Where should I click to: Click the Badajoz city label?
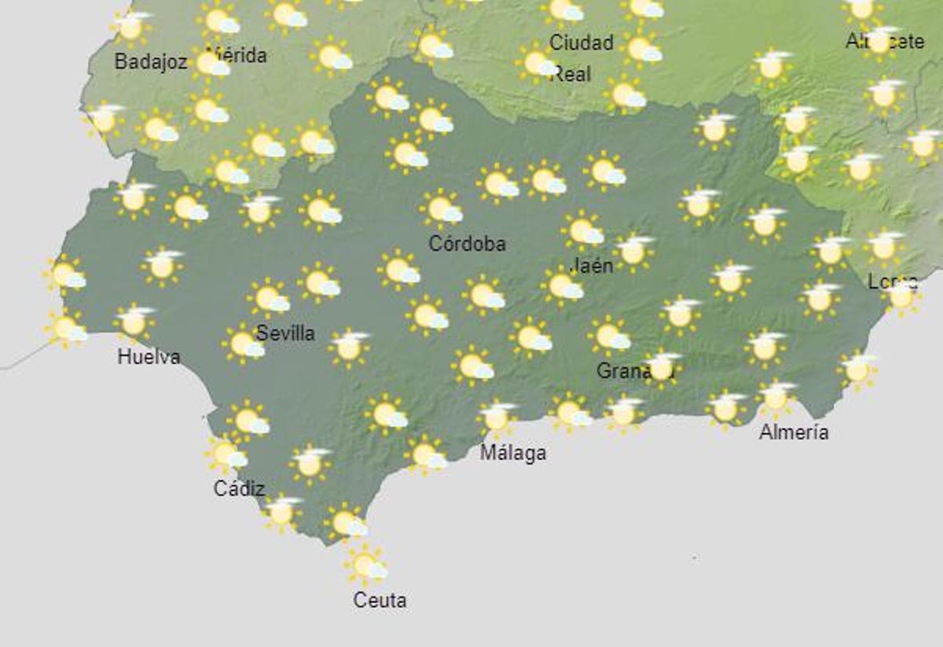tap(151, 61)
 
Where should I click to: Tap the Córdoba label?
tap(467, 244)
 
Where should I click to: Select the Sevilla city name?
tap(285, 333)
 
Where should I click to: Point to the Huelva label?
tap(149, 356)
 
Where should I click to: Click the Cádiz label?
tap(239, 488)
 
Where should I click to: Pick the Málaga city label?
tap(512, 453)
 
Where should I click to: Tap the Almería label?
tap(794, 432)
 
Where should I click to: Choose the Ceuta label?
tap(380, 601)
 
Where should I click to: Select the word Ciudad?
tap(582, 42)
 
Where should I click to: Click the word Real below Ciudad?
tap(571, 74)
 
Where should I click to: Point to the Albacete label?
tap(885, 41)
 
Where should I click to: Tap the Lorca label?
tap(892, 281)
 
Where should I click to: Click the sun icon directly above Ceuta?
tap(365, 564)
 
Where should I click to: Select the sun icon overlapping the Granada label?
tap(661, 367)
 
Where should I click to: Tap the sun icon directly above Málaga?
tap(497, 417)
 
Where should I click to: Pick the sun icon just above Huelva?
tap(134, 322)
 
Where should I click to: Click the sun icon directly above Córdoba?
tap(441, 209)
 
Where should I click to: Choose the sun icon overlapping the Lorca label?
tap(901, 296)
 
